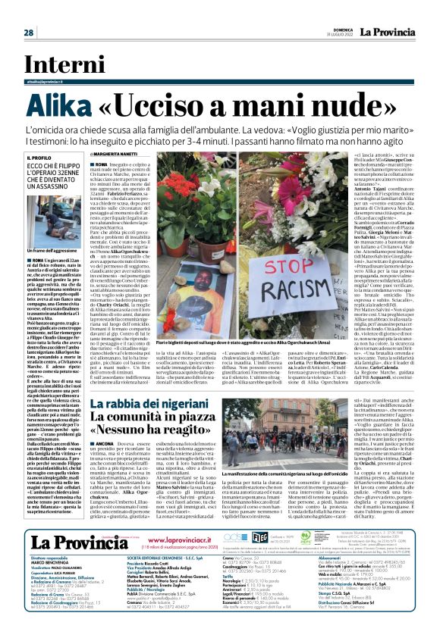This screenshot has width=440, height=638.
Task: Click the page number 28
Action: point(28,33)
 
